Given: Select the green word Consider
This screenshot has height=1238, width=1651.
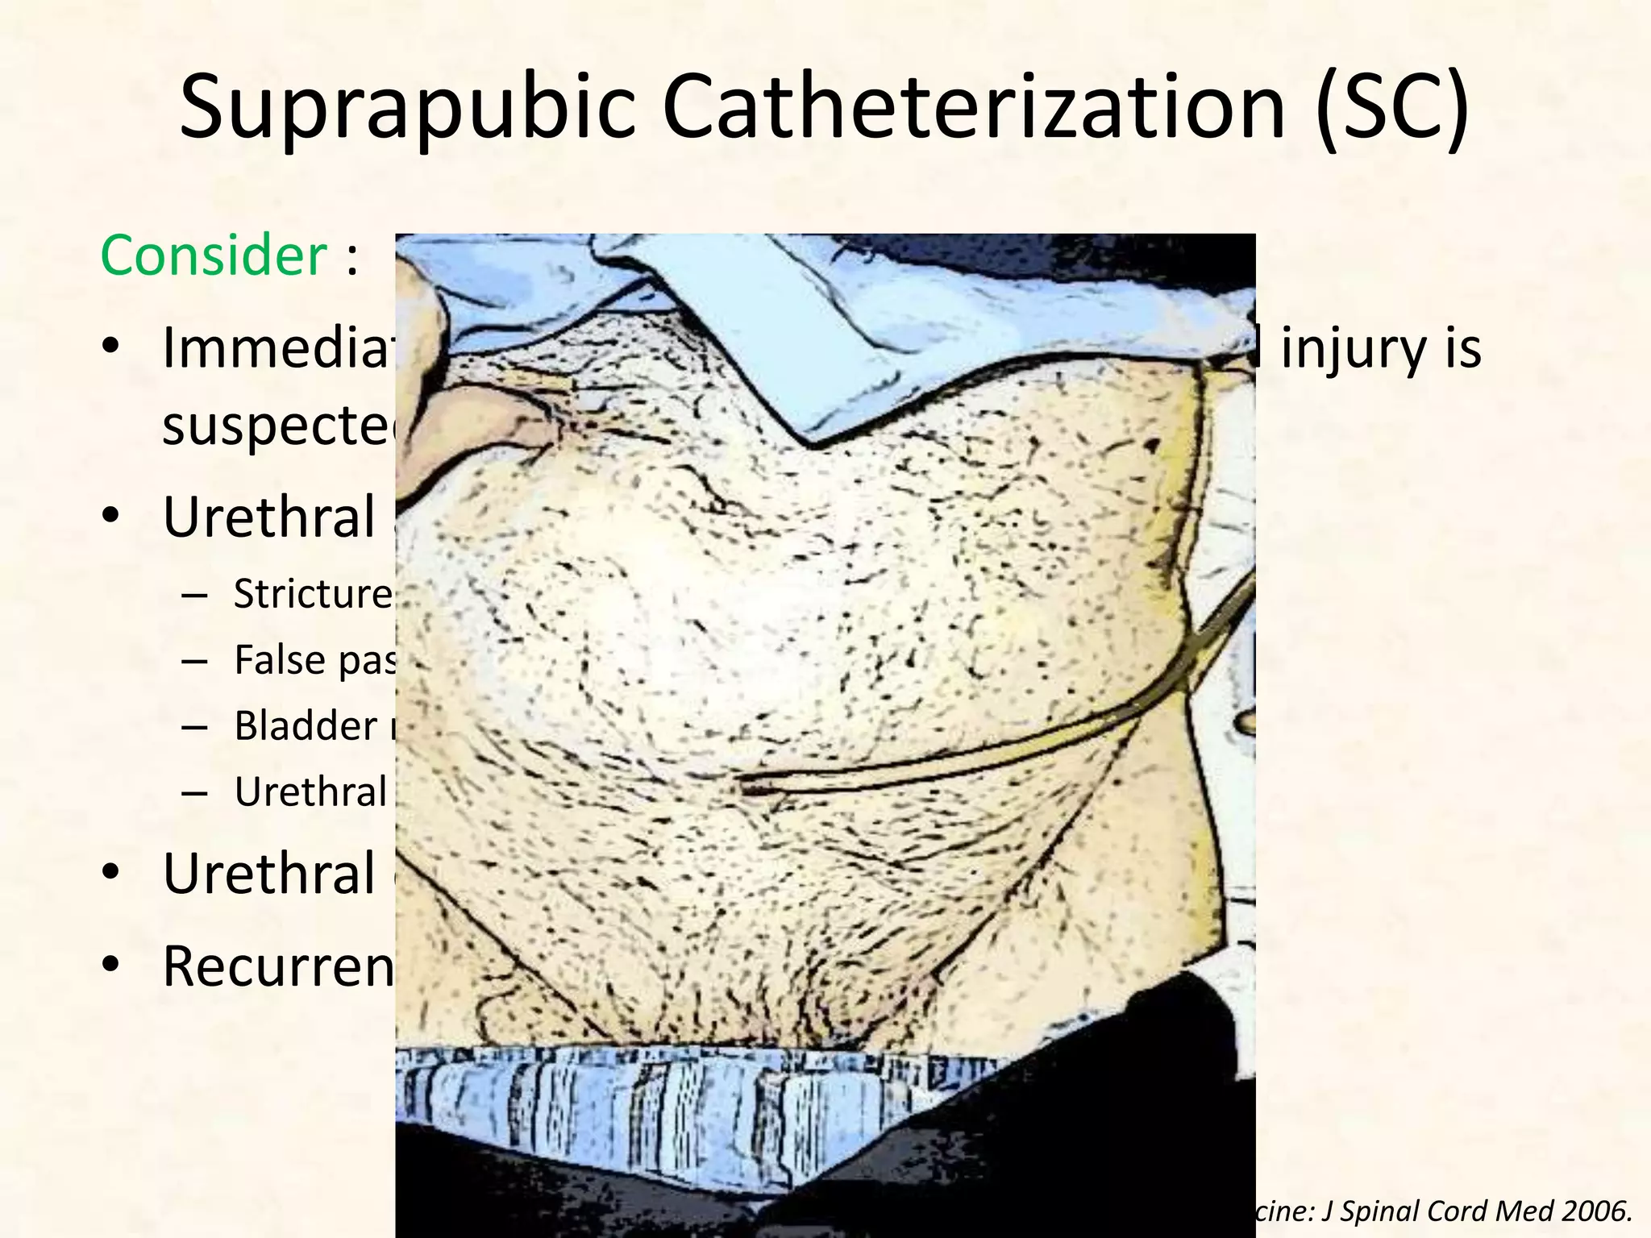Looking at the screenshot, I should click(x=213, y=256).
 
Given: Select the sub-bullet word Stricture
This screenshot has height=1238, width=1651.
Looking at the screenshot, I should click(x=313, y=594).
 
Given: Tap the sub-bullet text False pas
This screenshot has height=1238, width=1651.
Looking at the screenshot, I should click(x=314, y=660).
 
